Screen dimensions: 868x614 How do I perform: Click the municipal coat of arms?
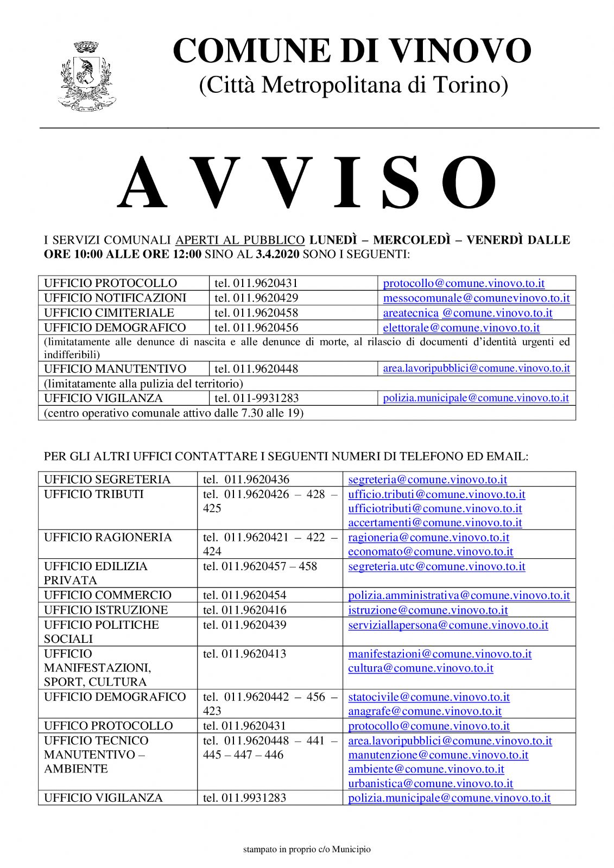[86, 75]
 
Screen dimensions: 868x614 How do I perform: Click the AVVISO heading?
[307, 182]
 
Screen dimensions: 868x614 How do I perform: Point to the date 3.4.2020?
[278, 254]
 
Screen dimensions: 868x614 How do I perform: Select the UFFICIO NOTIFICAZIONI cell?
[115, 298]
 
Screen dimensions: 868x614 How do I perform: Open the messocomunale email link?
[476, 298]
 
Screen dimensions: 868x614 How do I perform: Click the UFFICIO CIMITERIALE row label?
[109, 312]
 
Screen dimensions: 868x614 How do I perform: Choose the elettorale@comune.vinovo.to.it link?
[461, 328]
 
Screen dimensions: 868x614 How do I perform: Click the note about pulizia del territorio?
[143, 384]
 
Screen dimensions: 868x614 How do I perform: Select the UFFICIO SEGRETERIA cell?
[107, 480]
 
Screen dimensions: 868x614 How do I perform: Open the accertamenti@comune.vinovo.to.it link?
[435, 523]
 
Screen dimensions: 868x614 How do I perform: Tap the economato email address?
[431, 552]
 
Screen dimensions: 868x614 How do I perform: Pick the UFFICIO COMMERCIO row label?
[107, 595]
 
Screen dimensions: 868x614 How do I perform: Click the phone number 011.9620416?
[245, 610]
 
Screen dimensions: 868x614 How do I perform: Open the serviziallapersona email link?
[448, 625]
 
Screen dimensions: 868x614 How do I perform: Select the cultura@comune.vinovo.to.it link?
[421, 668]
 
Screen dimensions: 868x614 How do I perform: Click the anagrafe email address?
[425, 711]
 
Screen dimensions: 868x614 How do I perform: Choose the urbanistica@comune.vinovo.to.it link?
[431, 783]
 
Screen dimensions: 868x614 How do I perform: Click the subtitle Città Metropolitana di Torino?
[353, 85]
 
